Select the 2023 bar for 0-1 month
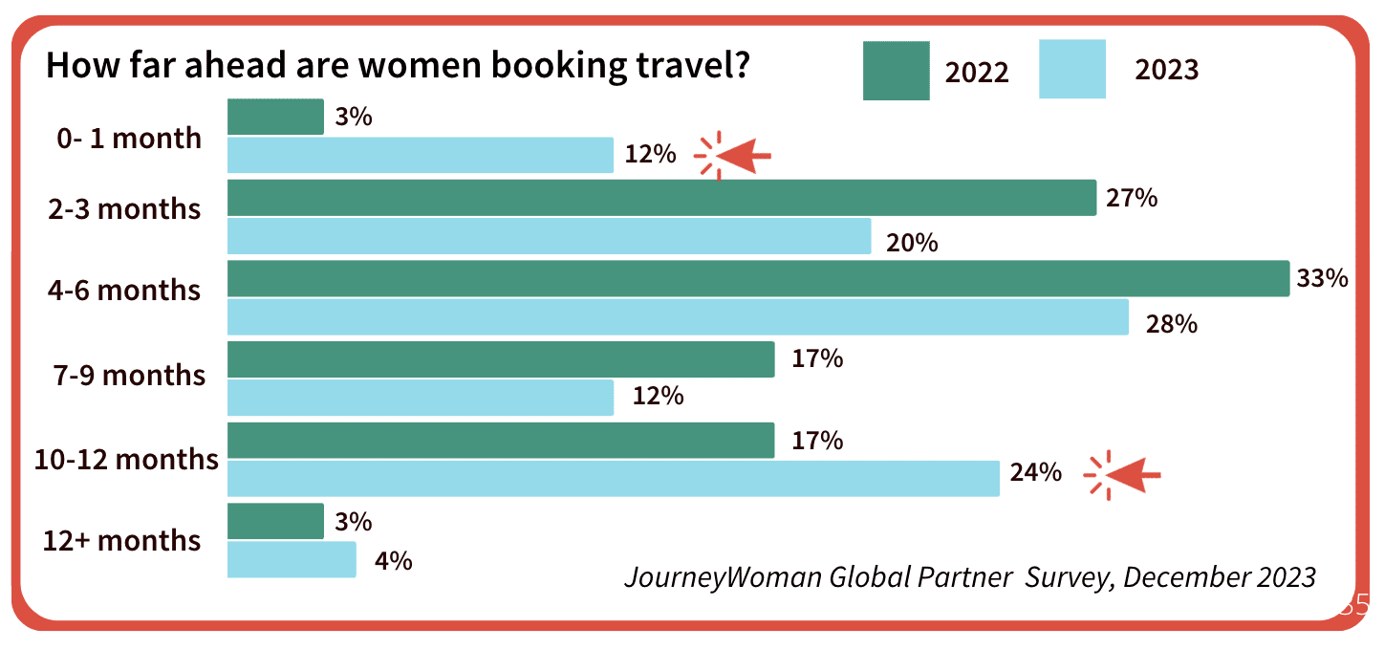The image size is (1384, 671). pos(421,155)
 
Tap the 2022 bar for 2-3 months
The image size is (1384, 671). pos(661,198)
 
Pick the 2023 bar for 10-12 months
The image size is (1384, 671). pos(614,478)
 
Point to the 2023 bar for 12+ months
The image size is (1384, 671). pos(292,559)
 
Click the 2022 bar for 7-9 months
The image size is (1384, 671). pos(501,359)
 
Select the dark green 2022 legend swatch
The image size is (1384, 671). pos(896,71)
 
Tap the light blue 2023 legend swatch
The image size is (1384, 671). pos(1072,69)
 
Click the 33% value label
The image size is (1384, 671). pos(1322,279)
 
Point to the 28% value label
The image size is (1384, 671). pos(1172,324)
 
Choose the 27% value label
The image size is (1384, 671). pos(1133,198)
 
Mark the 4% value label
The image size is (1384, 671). pos(394,561)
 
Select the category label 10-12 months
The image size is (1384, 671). pos(126,460)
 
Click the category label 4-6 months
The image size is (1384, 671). pos(124,290)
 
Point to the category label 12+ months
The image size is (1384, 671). pos(122,541)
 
